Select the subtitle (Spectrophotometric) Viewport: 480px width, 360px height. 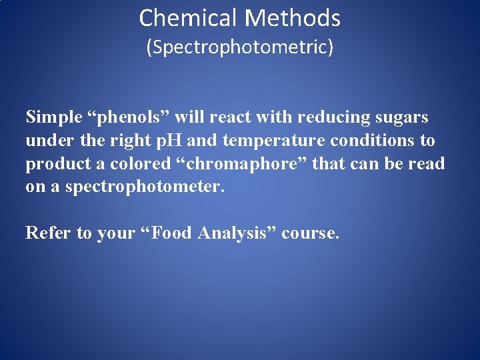240,48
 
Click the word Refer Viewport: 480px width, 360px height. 46,233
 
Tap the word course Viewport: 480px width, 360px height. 311,233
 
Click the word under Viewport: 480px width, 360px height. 45,141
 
